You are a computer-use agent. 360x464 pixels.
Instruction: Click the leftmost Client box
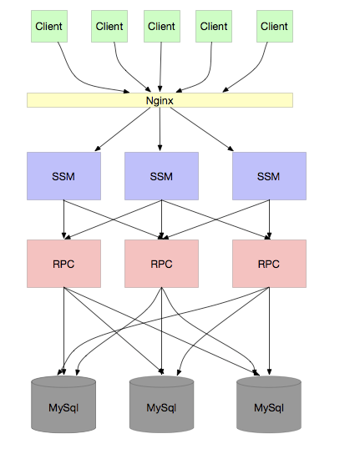tap(49, 27)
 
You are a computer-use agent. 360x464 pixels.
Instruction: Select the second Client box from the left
tap(109, 27)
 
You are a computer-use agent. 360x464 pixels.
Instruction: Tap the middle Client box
tap(162, 27)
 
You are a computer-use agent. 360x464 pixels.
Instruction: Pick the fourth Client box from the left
tap(214, 27)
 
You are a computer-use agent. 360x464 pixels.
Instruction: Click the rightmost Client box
tap(275, 27)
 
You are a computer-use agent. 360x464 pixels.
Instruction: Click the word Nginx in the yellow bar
tap(160, 101)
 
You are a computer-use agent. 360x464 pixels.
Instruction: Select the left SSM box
tap(63, 176)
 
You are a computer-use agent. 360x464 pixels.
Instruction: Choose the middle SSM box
tap(161, 176)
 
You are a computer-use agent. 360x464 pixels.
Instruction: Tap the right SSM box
tap(269, 176)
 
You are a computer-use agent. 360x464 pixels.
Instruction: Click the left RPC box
tap(63, 264)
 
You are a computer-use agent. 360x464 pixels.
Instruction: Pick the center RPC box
tap(161, 264)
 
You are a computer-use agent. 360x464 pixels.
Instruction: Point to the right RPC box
tap(269, 264)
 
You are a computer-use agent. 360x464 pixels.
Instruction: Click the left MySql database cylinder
tap(63, 404)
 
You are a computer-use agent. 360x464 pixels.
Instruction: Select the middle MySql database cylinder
tap(161, 404)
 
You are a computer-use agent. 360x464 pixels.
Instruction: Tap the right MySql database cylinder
tap(269, 404)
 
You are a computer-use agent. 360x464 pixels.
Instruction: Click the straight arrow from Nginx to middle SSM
tap(160, 129)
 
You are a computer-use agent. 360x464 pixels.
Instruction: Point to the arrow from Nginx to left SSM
tap(123, 129)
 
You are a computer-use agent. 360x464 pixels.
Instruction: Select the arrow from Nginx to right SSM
tap(202, 129)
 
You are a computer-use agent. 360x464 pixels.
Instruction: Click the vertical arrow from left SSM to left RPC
tap(63, 219)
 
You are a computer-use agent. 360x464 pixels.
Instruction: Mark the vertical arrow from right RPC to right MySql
tap(269, 331)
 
